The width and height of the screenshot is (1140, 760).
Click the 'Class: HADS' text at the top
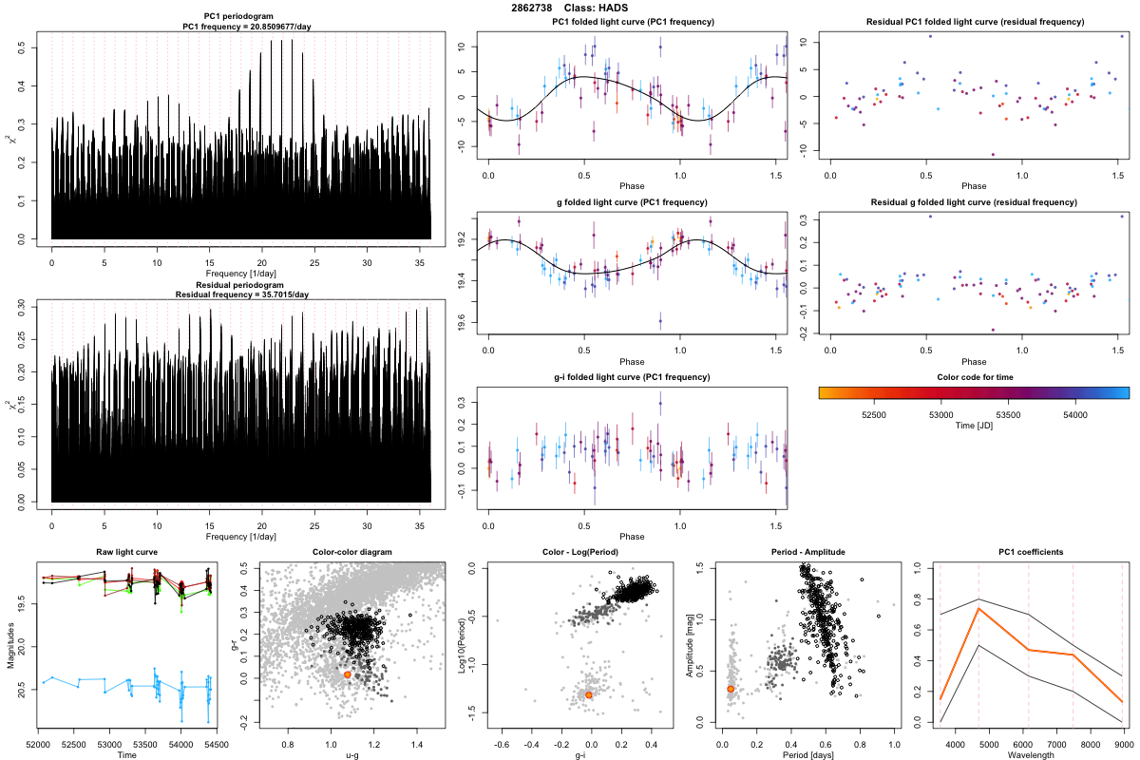(598, 9)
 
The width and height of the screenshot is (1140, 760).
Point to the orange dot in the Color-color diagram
(348, 674)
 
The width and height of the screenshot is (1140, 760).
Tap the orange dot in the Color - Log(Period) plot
(589, 694)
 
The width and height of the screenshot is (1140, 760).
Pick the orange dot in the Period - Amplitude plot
(731, 689)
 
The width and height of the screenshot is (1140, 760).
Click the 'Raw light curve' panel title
(126, 552)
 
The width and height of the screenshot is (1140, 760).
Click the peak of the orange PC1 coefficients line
(978, 609)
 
